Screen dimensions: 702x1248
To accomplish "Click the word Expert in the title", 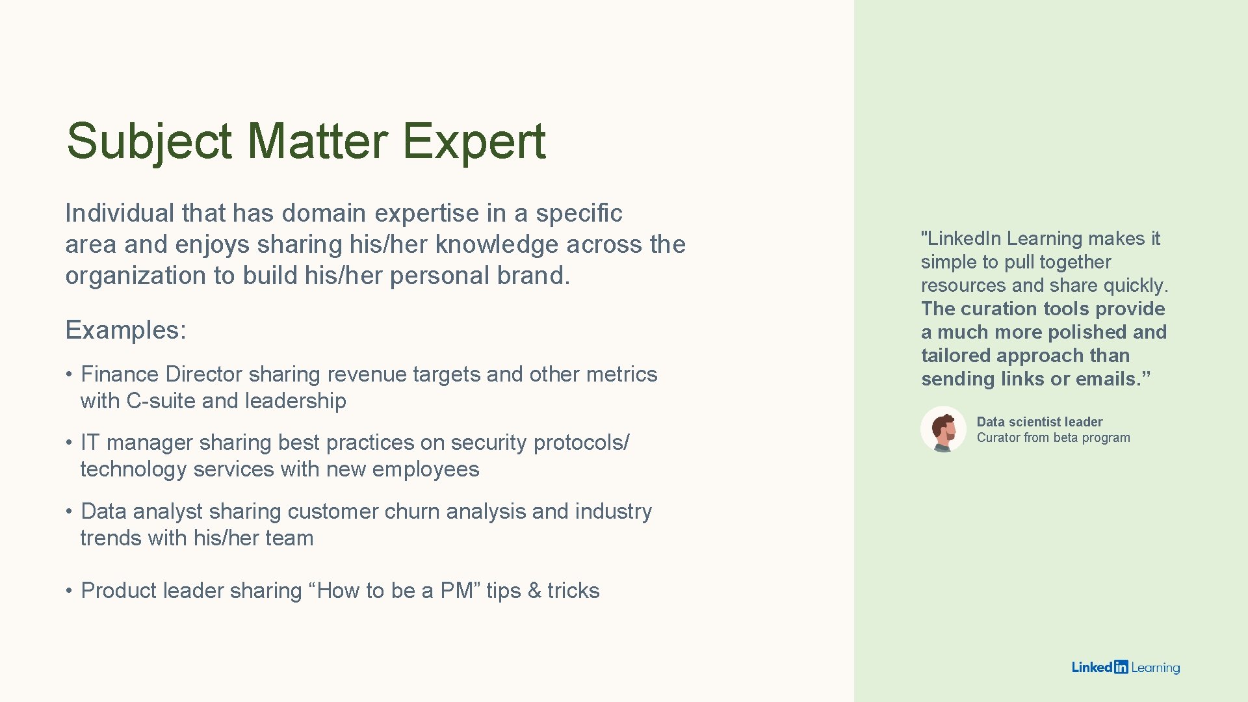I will [x=474, y=142].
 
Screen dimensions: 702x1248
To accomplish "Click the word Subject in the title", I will [x=149, y=142].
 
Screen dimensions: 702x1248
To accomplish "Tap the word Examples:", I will [x=125, y=330].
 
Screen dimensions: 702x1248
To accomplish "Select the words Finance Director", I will [x=161, y=374].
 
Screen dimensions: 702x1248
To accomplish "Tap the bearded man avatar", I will [x=943, y=430].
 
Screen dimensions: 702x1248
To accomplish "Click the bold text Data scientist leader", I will [x=1039, y=422].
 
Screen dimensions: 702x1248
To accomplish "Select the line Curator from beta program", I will [x=1053, y=438].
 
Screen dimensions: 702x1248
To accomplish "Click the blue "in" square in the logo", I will [x=1121, y=667].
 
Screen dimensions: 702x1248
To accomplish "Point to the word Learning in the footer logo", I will [x=1155, y=668].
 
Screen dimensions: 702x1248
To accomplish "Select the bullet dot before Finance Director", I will [x=68, y=375].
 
